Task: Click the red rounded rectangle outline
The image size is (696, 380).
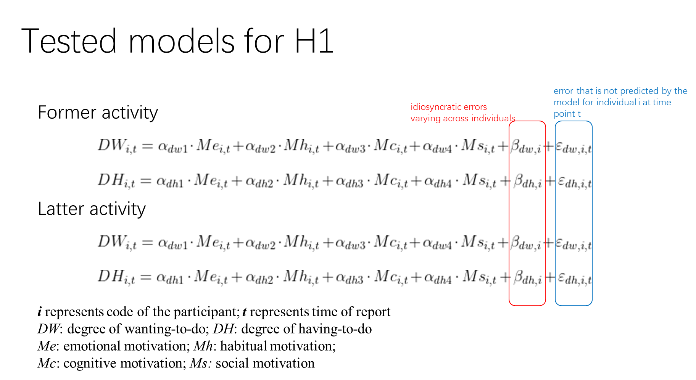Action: (509, 214)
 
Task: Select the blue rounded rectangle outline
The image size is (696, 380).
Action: (556, 214)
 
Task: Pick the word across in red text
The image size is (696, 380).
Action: (456, 119)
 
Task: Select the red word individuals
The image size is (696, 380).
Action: (493, 119)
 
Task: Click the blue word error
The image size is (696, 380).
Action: (564, 91)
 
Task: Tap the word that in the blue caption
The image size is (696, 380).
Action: (585, 91)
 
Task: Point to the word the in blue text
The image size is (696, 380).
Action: (681, 91)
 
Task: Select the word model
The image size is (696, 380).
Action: (566, 103)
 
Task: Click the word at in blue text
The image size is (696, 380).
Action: (646, 103)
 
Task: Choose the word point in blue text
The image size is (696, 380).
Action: (564, 114)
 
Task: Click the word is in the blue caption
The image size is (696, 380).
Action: (598, 91)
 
